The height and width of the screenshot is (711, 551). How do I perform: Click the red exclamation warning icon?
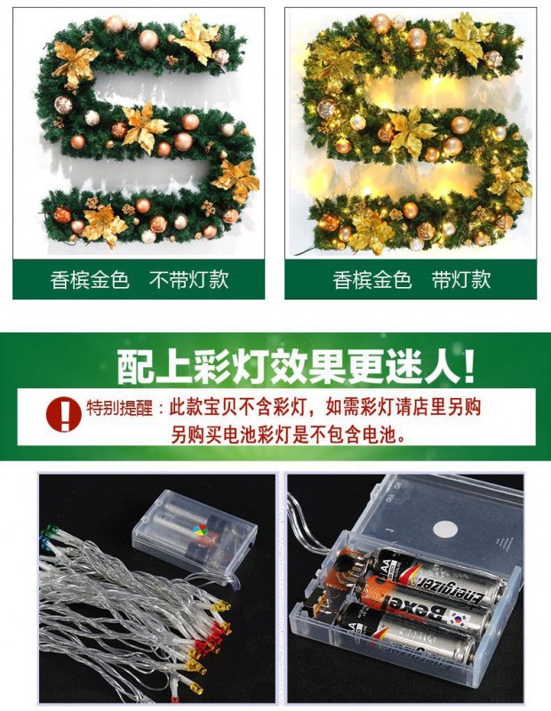[63, 413]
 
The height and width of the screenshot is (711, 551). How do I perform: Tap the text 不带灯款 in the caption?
[188, 280]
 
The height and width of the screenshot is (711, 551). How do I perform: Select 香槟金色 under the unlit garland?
[90, 280]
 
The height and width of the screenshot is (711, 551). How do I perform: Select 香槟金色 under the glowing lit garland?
[371, 280]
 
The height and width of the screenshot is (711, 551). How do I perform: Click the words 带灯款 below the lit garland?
[461, 280]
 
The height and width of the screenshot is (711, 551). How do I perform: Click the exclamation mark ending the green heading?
[470, 366]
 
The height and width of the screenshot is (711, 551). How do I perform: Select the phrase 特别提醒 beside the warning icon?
[120, 408]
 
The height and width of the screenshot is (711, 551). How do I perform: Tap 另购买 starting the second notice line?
[196, 435]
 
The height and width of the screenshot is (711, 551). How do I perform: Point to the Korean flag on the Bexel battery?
[459, 618]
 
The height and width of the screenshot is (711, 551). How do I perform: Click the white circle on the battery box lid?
[445, 529]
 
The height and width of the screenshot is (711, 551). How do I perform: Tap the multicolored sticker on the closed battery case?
[201, 530]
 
